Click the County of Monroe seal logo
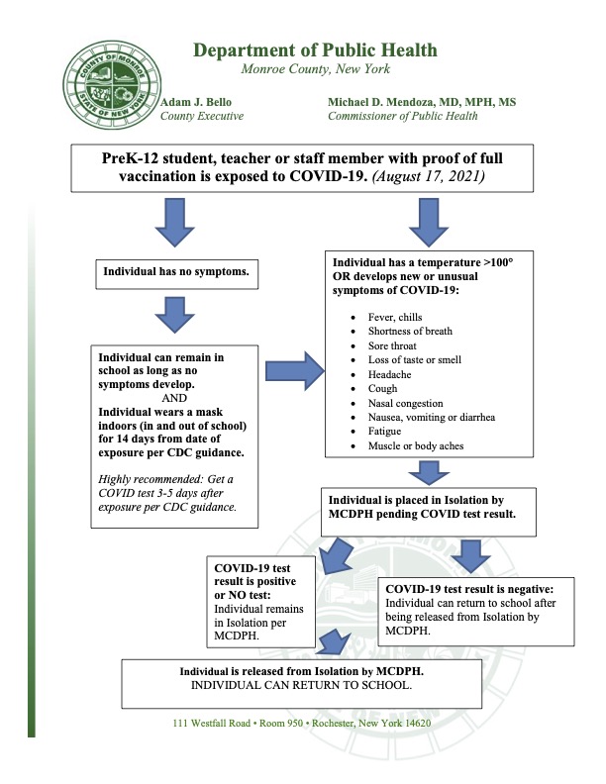click(x=112, y=84)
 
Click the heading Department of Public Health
click(x=315, y=50)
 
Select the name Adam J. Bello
click(x=196, y=102)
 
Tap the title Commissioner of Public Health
click(x=402, y=116)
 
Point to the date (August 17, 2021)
click(x=429, y=176)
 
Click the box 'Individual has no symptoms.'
click(x=177, y=274)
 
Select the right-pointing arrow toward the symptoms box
click(x=295, y=370)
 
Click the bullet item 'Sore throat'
click(x=392, y=345)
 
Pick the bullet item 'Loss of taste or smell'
click(x=415, y=359)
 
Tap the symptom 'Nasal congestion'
click(x=406, y=403)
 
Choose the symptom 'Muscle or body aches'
click(x=416, y=445)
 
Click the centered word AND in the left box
click(x=174, y=398)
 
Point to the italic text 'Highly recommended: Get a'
click(x=165, y=479)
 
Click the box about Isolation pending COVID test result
click(x=429, y=512)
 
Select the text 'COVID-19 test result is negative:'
click(x=469, y=589)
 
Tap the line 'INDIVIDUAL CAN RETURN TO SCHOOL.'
click(x=301, y=685)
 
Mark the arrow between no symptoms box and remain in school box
click(x=174, y=315)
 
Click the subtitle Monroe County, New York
click(x=316, y=69)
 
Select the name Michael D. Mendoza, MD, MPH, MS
click(x=422, y=102)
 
